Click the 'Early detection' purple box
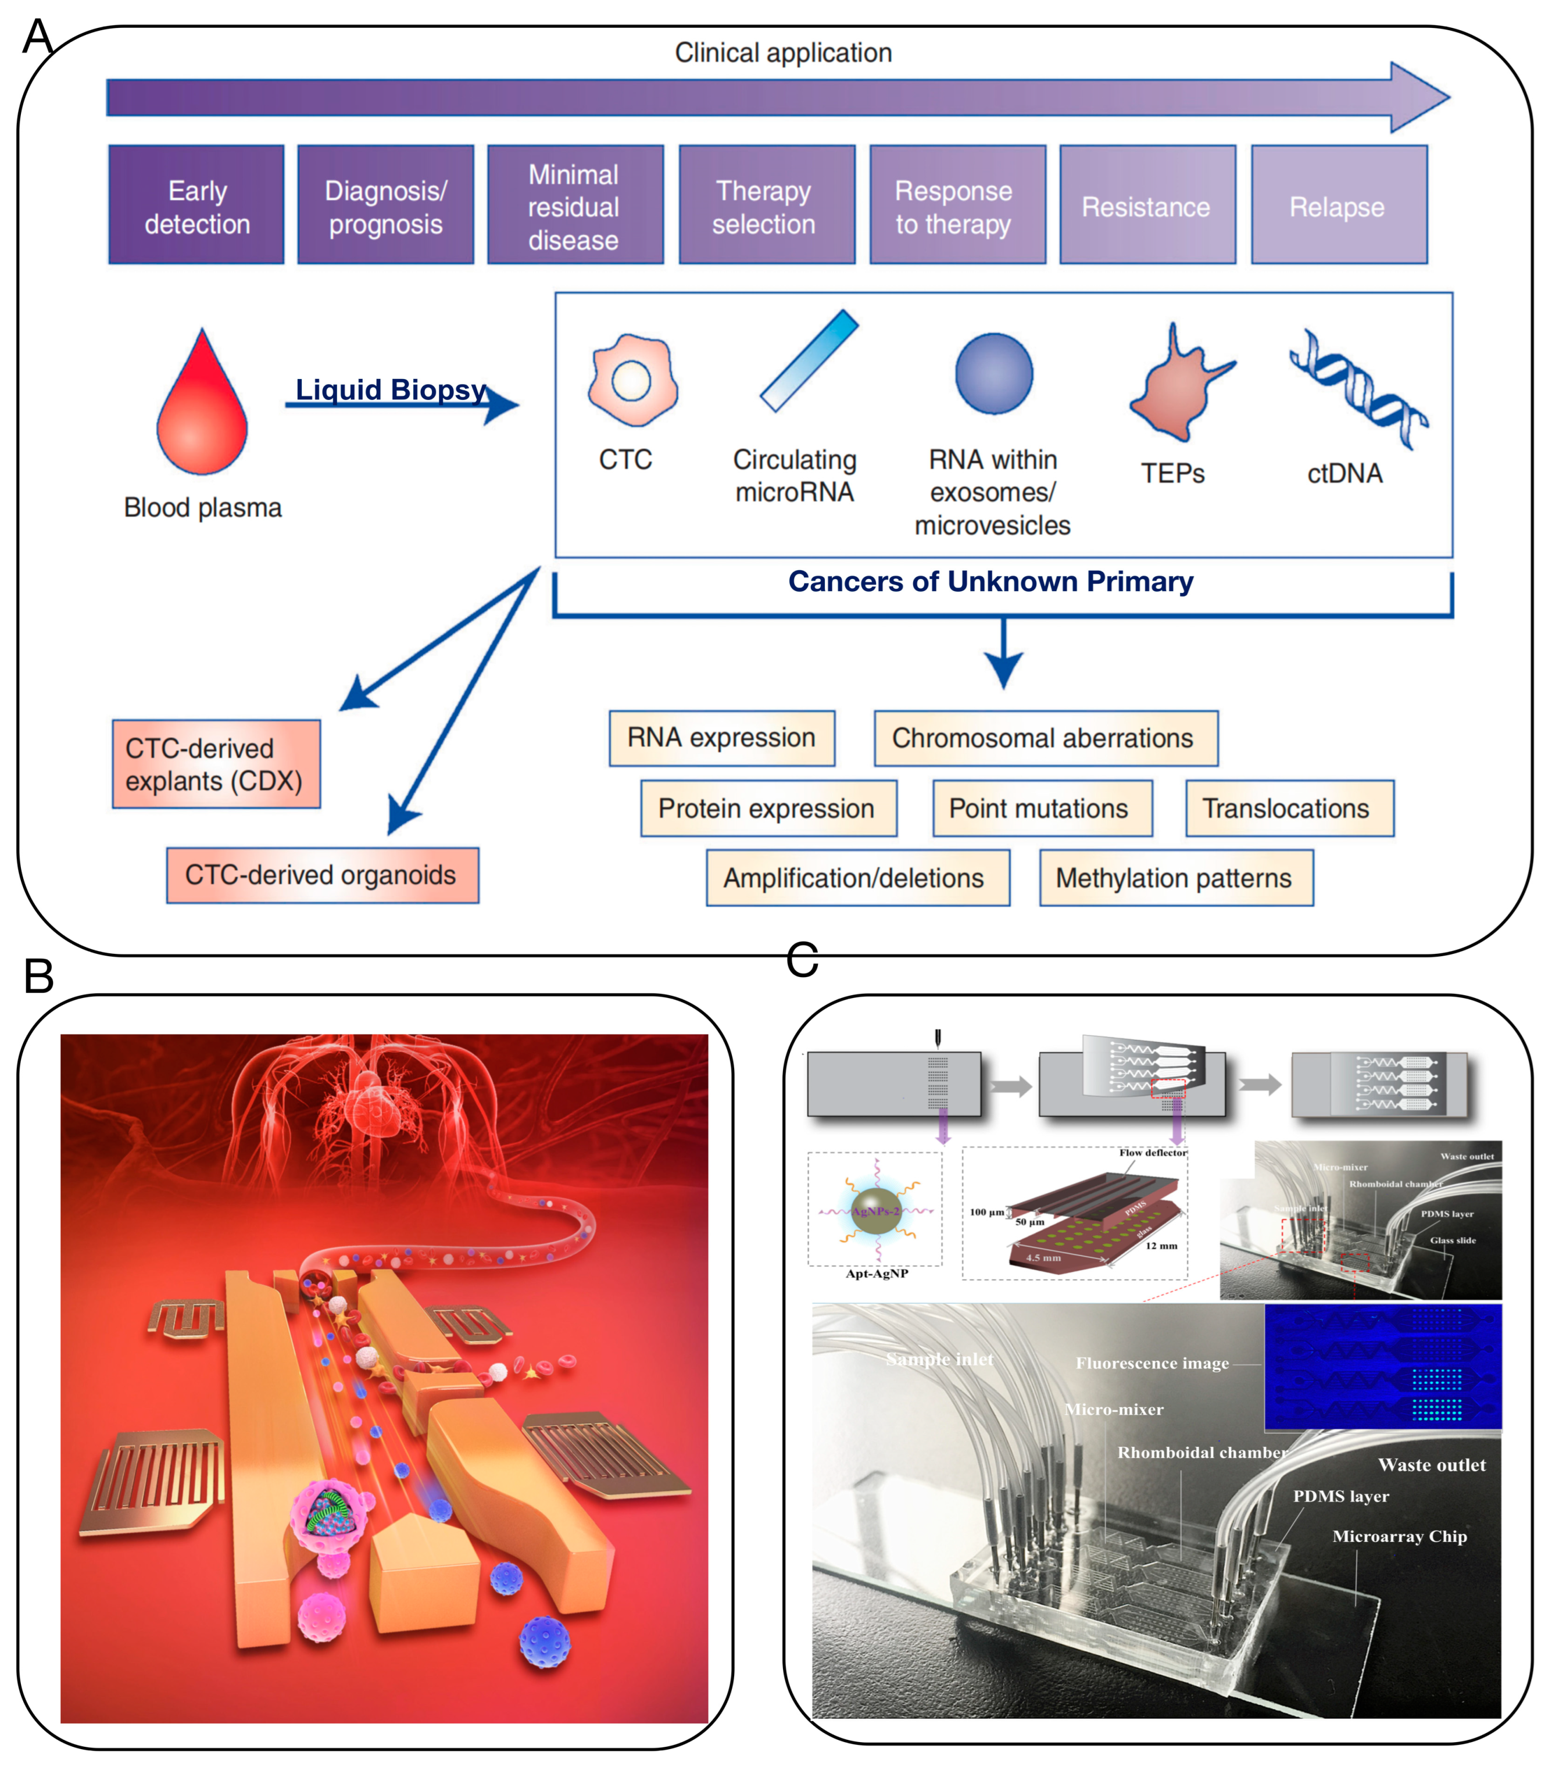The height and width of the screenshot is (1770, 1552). (x=196, y=205)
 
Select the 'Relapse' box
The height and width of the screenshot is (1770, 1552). (x=1338, y=205)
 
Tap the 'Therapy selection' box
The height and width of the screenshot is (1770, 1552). (x=767, y=205)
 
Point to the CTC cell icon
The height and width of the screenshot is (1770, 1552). (x=632, y=380)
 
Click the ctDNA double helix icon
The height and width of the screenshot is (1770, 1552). (x=1358, y=389)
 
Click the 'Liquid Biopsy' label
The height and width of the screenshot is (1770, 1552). (x=391, y=389)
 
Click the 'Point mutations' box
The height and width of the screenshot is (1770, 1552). (x=1042, y=808)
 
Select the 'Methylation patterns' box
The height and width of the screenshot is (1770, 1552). (x=1175, y=877)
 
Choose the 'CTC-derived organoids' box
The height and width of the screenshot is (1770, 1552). (x=322, y=875)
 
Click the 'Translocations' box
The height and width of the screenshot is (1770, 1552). (x=1289, y=808)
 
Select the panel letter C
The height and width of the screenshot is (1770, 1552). (x=802, y=960)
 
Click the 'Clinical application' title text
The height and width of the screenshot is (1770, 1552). (x=783, y=53)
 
